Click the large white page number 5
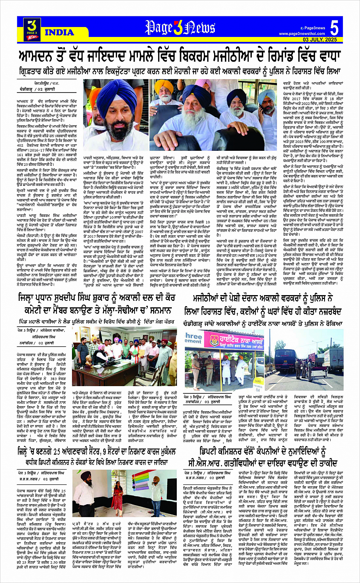pos(334,28)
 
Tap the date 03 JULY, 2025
pos(320,40)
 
